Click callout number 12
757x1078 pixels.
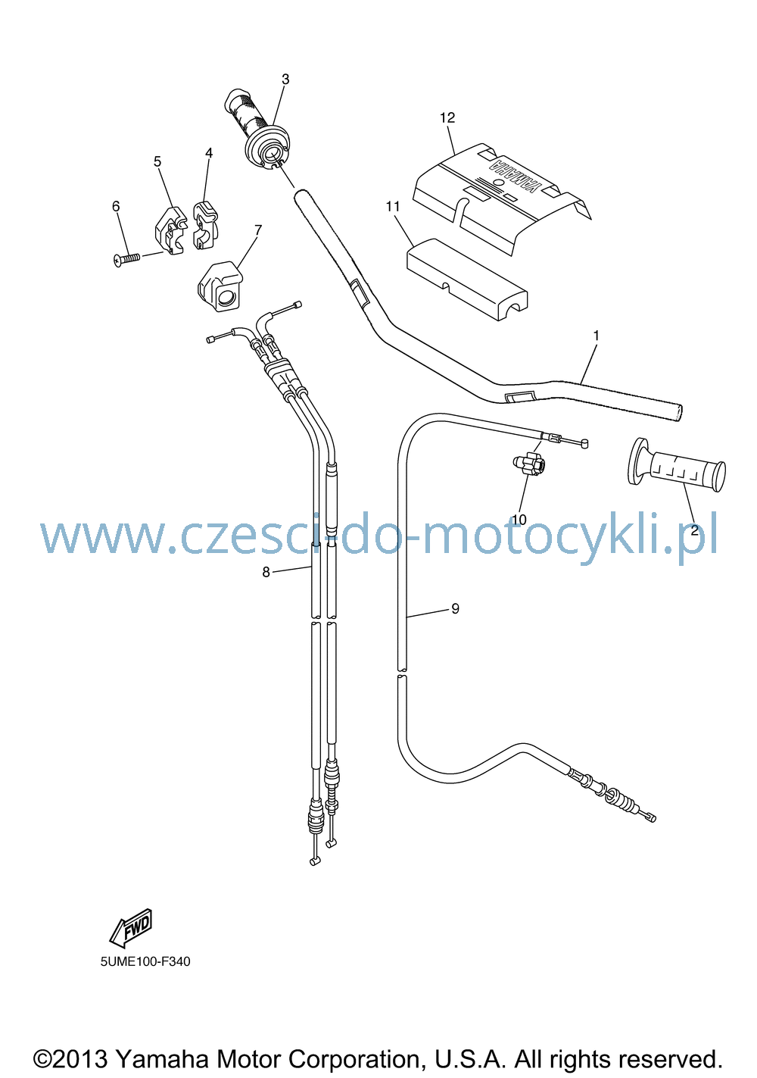click(x=447, y=117)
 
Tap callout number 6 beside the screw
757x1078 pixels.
click(x=116, y=206)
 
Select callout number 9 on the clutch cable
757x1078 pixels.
click(x=456, y=609)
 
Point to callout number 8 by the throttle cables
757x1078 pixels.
click(x=266, y=572)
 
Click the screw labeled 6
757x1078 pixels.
click(x=126, y=259)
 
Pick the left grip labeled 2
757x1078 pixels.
click(x=676, y=465)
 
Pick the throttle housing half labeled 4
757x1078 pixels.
click(x=205, y=225)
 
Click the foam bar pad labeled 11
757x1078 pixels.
click(x=467, y=280)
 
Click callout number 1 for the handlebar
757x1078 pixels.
click(x=597, y=336)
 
